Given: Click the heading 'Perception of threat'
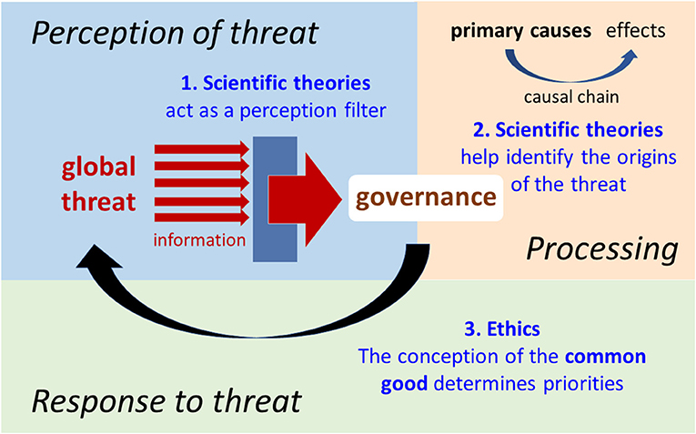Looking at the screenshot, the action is click(175, 34).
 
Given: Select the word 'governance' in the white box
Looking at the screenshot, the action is click(426, 197).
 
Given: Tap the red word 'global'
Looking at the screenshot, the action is click(98, 167).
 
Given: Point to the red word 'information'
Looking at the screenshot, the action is click(199, 240).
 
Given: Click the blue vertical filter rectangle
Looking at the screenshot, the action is click(275, 199).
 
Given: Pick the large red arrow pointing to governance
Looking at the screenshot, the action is click(305, 199).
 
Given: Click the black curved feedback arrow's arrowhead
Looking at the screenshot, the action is click(98, 257).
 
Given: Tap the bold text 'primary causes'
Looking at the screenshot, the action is click(520, 31).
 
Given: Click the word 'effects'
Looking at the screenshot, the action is click(636, 31).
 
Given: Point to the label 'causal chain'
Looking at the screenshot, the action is click(571, 96).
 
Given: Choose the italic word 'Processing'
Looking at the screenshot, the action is click(602, 249).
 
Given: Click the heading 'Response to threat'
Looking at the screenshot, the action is click(166, 401).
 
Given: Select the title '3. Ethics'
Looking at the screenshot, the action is click(502, 328).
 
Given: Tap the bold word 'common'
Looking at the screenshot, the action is click(605, 357).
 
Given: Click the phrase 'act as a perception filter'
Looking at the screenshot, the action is click(276, 110).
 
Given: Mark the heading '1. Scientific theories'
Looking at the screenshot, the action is click(276, 83).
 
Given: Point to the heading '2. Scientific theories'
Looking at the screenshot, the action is click(568, 129).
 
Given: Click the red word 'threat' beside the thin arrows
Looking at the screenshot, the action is click(98, 201).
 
